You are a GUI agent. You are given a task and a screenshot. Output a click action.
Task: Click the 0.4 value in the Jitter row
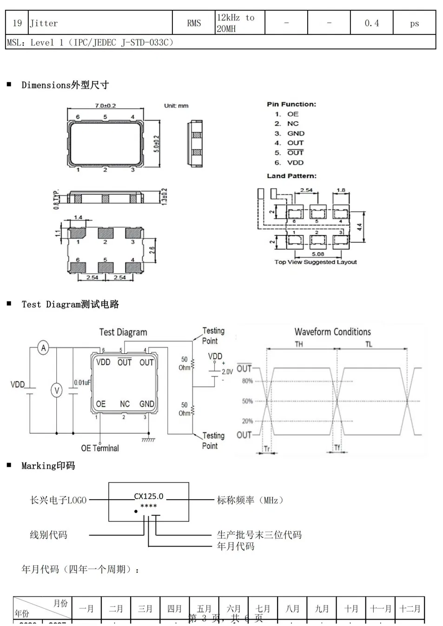click(371, 23)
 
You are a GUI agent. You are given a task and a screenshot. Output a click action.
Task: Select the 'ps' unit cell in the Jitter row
click(414, 23)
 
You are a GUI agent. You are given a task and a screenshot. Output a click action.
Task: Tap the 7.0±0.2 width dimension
click(105, 106)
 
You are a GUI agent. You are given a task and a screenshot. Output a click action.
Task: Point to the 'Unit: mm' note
click(176, 106)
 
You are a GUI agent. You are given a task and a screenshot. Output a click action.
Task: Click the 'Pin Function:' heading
click(291, 104)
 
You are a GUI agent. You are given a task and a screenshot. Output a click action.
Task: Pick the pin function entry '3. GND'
click(290, 133)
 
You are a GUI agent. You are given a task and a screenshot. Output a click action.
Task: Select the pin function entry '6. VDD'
click(289, 163)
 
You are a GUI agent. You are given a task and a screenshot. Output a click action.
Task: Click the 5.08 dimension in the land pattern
click(318, 254)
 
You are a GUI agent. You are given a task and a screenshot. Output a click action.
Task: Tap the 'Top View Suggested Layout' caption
click(315, 262)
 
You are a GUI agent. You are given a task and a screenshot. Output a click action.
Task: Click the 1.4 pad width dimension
click(78, 217)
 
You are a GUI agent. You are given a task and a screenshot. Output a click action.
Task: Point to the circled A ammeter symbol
click(43, 348)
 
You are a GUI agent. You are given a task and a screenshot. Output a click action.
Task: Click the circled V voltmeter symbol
click(56, 390)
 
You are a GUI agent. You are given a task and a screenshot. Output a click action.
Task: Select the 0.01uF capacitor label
click(82, 383)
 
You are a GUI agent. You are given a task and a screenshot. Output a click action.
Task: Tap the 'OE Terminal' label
click(100, 448)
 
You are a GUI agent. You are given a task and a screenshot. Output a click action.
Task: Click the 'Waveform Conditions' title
click(332, 332)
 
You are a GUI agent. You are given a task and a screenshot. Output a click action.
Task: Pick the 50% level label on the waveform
click(247, 401)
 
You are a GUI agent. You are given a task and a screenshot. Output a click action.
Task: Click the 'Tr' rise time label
click(267, 449)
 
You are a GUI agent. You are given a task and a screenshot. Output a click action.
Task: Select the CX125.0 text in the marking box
click(149, 496)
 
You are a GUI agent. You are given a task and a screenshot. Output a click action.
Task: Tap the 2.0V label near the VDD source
click(227, 372)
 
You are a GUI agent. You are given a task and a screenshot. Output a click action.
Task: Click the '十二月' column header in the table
click(410, 608)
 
